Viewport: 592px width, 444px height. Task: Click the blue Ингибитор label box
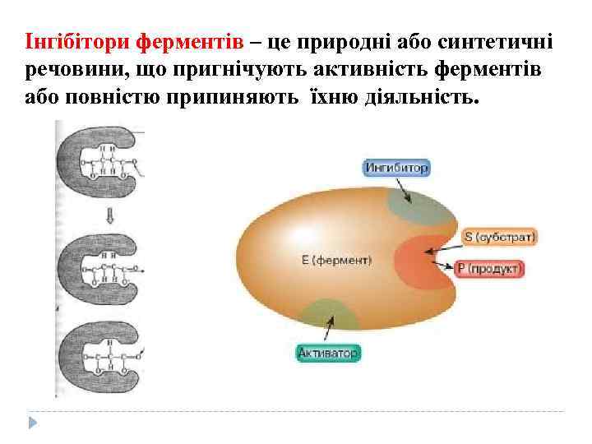click(396, 168)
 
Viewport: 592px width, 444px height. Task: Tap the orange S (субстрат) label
click(499, 238)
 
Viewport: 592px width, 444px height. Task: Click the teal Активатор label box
click(328, 354)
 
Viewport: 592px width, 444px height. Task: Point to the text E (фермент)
click(336, 260)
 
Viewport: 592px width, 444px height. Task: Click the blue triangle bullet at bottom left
click(33, 422)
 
